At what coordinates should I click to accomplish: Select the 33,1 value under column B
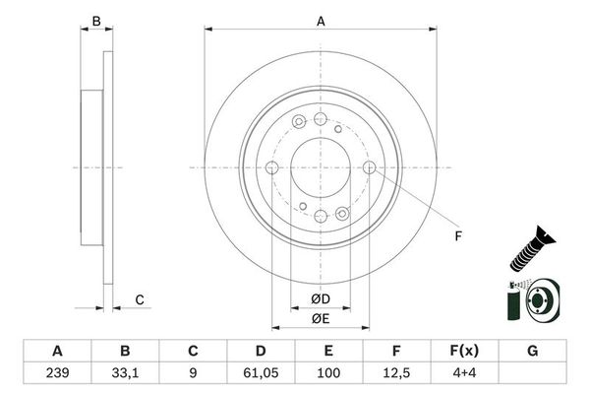tap(124, 372)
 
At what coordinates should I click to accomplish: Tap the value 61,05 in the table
tap(260, 372)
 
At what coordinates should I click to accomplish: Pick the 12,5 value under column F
tap(395, 372)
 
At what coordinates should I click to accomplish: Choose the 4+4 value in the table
tap(463, 372)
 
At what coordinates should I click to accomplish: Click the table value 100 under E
tap(327, 372)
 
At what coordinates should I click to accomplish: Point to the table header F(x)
tap(463, 351)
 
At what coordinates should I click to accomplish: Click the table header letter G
tap(531, 351)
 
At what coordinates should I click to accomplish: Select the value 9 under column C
tap(193, 372)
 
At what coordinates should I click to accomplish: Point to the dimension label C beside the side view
tap(140, 299)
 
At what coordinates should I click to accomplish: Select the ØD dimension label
tap(320, 298)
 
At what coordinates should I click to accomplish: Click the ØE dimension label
tap(320, 317)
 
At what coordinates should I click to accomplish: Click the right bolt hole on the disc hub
tap(370, 167)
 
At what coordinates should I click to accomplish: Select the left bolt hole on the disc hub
tap(271, 167)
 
